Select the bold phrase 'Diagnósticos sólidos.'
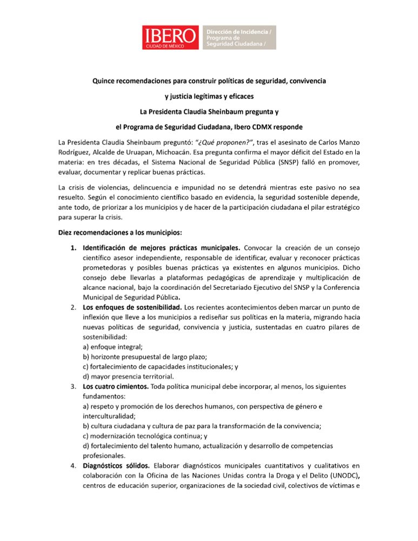pyautogui.click(x=116, y=465)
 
